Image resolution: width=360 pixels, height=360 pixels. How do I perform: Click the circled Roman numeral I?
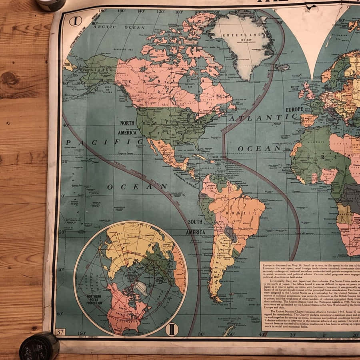(75, 21)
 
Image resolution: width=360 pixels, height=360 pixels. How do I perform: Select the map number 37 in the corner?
(60, 331)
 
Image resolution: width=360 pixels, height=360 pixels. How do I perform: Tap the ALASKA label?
(99, 68)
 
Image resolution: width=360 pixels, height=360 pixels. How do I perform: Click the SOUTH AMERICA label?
(196, 227)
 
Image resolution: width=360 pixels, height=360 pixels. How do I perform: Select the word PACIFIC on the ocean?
(104, 142)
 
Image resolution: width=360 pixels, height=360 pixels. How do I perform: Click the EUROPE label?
(294, 109)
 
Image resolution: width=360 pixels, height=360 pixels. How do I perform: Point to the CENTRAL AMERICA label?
(186, 180)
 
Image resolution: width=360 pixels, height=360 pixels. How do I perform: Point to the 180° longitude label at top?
(102, 11)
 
